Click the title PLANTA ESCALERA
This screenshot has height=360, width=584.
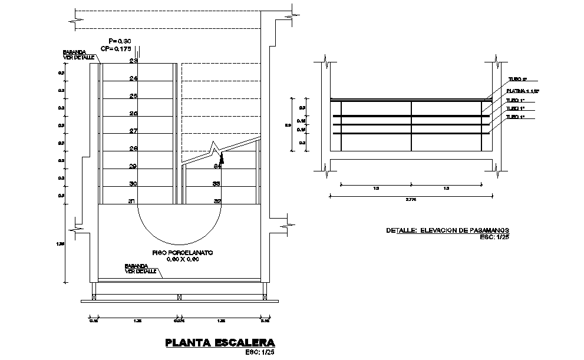[220, 342]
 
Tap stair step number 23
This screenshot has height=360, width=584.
[133, 61]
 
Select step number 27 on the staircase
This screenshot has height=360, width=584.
[133, 131]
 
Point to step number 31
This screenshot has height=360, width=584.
[133, 202]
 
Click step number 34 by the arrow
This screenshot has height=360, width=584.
[217, 167]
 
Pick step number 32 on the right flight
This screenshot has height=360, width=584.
[217, 202]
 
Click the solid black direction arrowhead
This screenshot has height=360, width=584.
[222, 157]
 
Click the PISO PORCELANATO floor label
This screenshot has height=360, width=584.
[182, 252]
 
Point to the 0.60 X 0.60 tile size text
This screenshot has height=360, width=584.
[182, 259]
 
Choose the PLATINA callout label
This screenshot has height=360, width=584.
[523, 92]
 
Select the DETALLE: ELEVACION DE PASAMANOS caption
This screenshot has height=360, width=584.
[447, 230]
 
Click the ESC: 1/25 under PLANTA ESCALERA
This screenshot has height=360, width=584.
[259, 353]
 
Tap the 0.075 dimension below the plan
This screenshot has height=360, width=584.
[179, 322]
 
